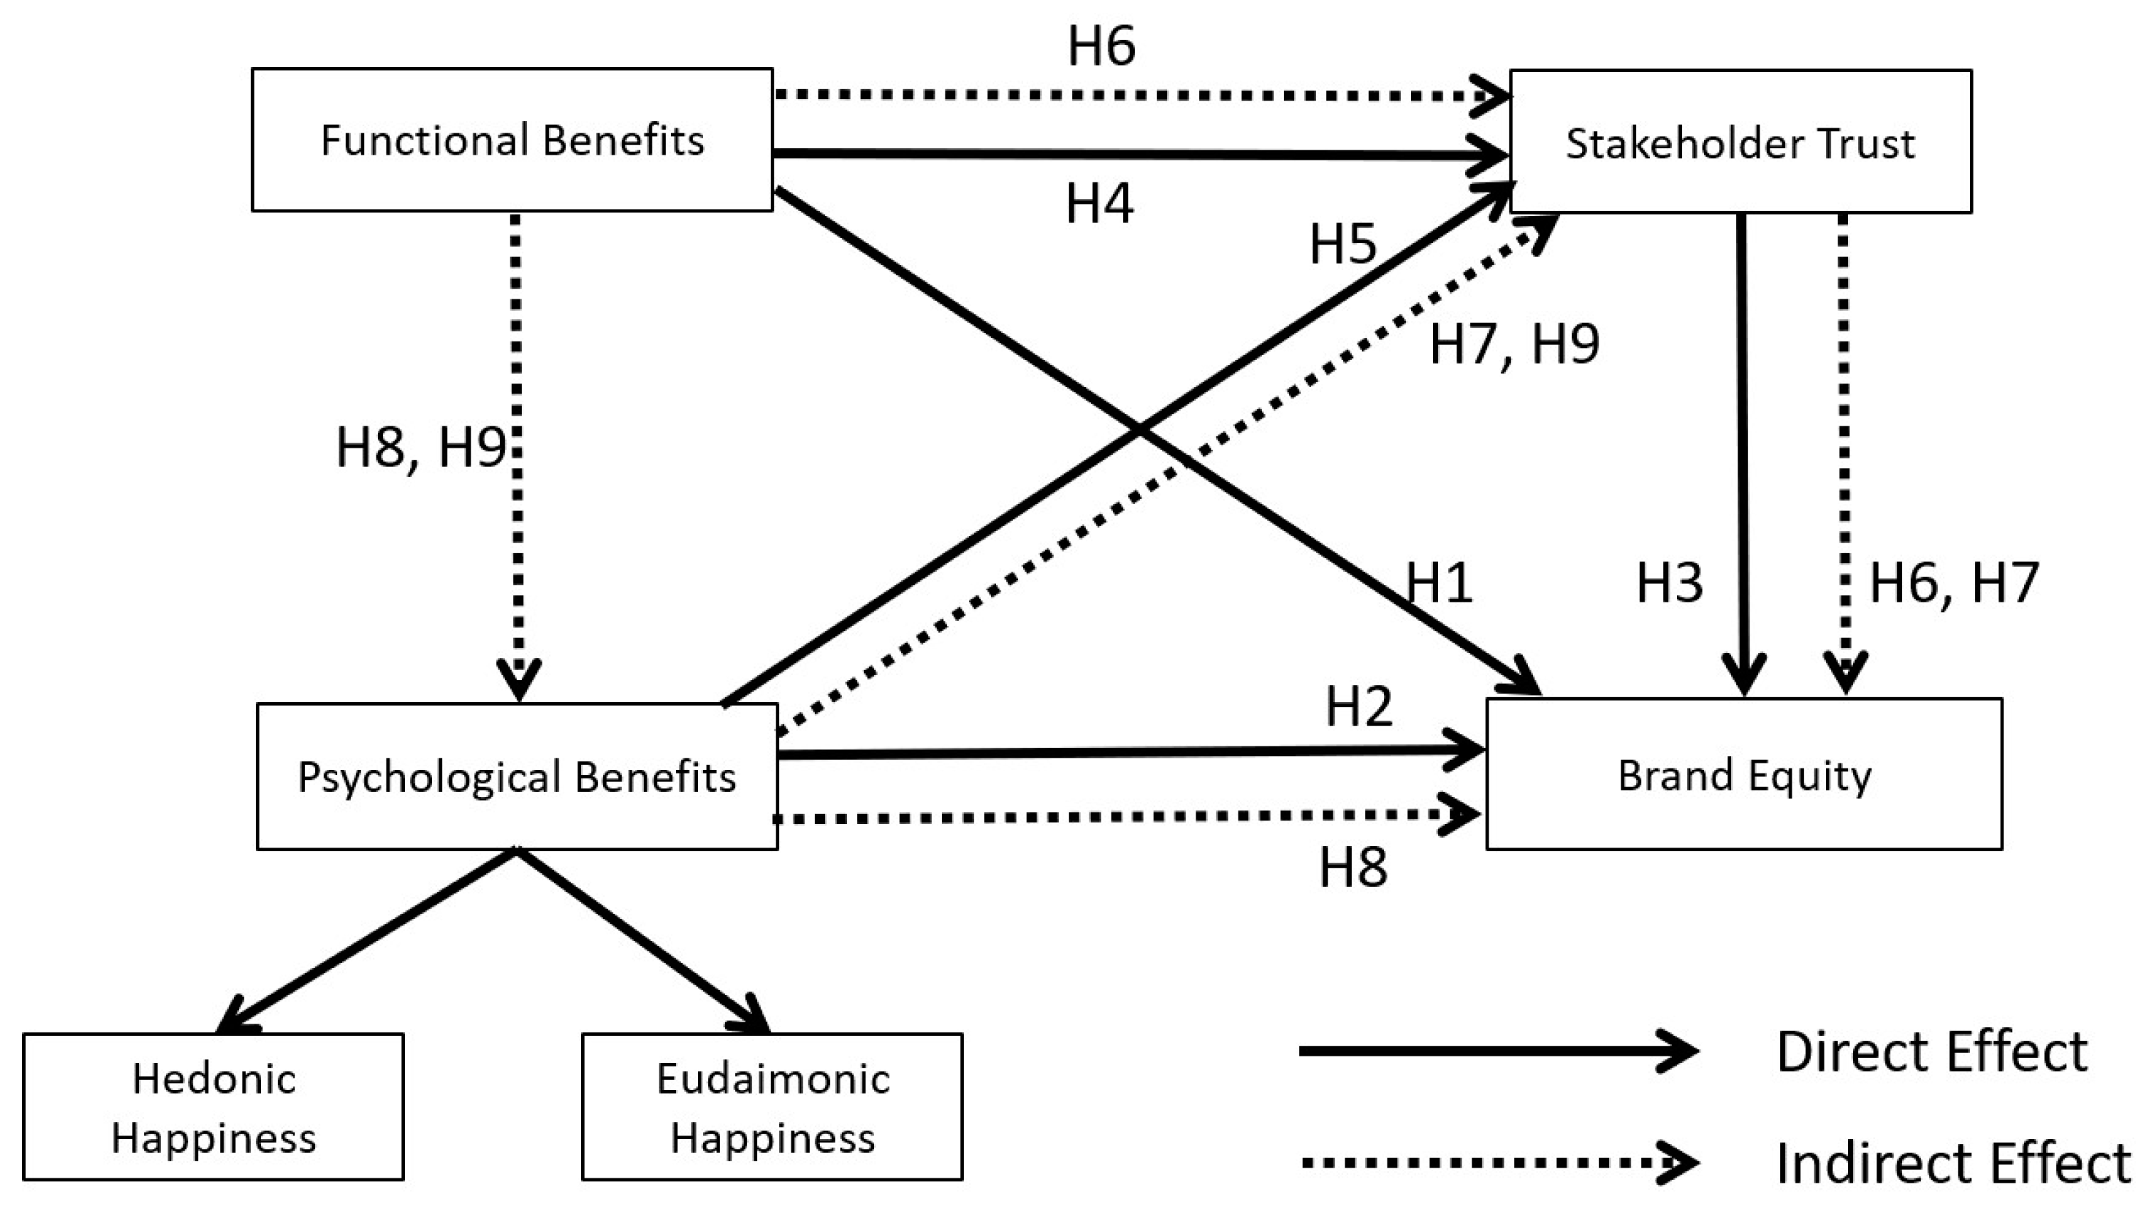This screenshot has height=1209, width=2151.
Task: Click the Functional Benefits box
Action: pos(512,140)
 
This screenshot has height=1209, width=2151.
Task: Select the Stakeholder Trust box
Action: pos(1740,142)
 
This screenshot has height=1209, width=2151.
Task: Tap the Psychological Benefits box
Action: pos(517,776)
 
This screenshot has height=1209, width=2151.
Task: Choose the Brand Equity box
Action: pos(1743,775)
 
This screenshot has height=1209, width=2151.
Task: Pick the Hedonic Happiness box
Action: pos(214,1107)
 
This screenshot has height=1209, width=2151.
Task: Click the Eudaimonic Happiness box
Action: pos(772,1107)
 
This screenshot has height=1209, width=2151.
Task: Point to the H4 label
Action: pos(1099,204)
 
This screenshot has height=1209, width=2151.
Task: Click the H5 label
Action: pos(1343,245)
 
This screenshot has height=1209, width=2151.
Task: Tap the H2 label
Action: pos(1360,706)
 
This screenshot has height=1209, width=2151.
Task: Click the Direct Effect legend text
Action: pos(1931,1051)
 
